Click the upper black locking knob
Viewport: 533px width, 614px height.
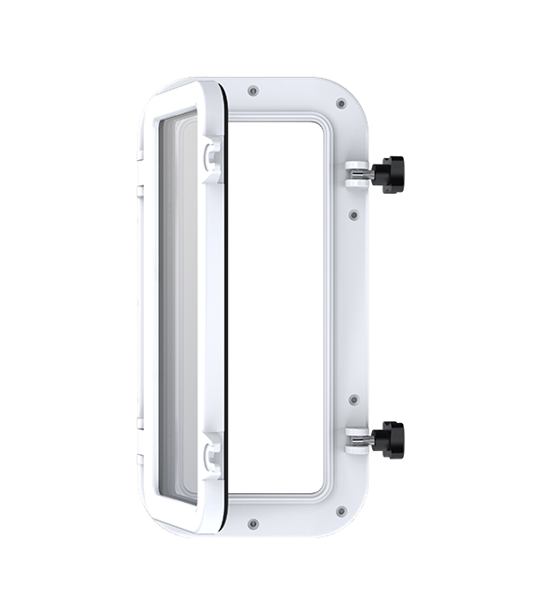click(x=388, y=173)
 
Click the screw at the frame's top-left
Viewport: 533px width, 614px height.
click(x=254, y=91)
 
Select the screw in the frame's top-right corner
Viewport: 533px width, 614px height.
click(x=340, y=103)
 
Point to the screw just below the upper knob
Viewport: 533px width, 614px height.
click(x=353, y=214)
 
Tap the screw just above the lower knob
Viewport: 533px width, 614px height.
click(x=353, y=400)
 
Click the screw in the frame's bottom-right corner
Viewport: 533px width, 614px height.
click(x=340, y=511)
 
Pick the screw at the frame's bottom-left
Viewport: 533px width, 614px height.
click(x=254, y=524)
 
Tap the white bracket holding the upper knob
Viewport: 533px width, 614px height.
click(x=356, y=174)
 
